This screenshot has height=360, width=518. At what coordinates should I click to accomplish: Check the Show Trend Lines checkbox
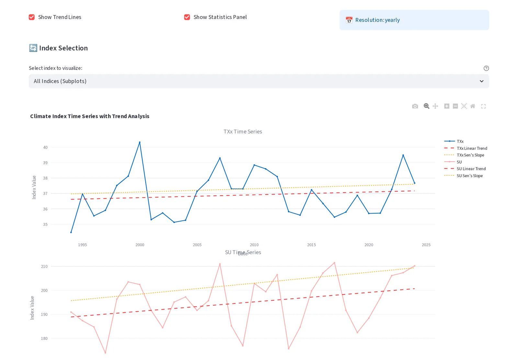tap(32, 17)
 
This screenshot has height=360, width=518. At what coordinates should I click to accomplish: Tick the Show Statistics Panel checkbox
tap(187, 17)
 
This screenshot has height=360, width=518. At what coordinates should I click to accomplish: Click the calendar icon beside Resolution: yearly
tap(349, 20)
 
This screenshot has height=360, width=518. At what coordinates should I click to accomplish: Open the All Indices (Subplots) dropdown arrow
tap(481, 81)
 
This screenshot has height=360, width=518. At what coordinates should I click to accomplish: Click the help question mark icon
tap(486, 68)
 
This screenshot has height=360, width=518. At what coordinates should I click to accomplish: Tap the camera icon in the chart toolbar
tap(415, 106)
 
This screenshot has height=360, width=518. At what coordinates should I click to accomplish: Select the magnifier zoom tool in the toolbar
tap(426, 106)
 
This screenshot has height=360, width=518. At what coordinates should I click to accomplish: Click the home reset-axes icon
tap(473, 106)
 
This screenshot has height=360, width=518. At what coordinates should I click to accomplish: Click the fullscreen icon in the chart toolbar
tap(483, 106)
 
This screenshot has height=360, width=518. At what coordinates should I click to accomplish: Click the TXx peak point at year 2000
tap(140, 142)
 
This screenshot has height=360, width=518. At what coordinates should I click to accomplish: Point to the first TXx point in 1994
tap(71, 232)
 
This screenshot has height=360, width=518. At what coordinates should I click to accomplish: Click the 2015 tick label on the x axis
tap(311, 245)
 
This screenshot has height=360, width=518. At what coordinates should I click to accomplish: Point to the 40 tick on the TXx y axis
tap(45, 147)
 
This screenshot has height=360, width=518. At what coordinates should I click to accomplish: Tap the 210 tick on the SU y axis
tap(44, 266)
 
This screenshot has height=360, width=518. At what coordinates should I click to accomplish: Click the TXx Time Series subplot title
tap(242, 132)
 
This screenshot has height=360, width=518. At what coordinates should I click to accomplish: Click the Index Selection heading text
tap(63, 48)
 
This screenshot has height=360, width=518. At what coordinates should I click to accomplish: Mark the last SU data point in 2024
tap(414, 266)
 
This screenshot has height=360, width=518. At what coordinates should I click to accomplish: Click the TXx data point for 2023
tap(403, 155)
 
